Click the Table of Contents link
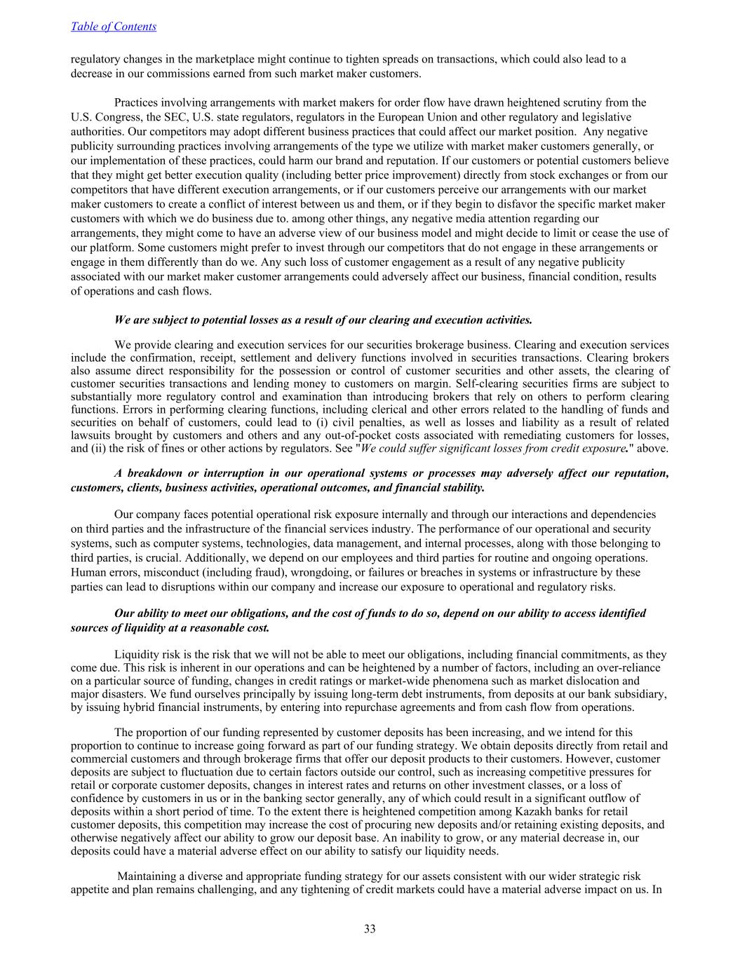114,27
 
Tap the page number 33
370,929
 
